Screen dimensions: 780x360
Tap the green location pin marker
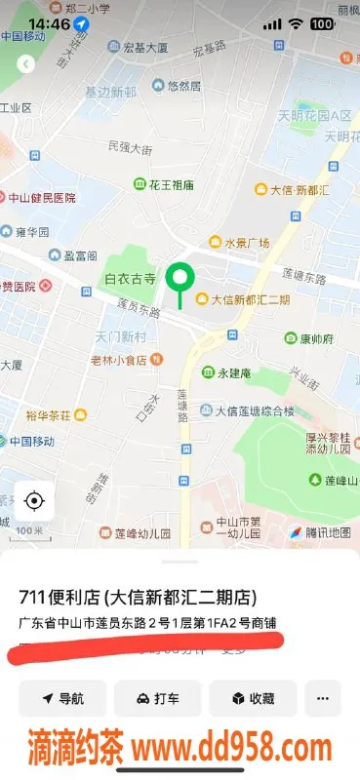pos(179,280)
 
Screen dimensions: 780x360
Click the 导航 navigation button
pos(62,698)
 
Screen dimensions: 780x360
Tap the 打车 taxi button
pos(157,698)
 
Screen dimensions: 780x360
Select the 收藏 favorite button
pos(252,698)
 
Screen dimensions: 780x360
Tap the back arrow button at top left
pos(25,63)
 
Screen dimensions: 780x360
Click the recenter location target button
pos(34,501)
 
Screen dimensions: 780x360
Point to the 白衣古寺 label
pos(130,279)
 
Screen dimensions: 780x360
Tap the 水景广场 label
pos(247,243)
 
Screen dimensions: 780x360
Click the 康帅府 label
pos(316,338)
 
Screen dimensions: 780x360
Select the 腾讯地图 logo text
pos(323,532)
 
